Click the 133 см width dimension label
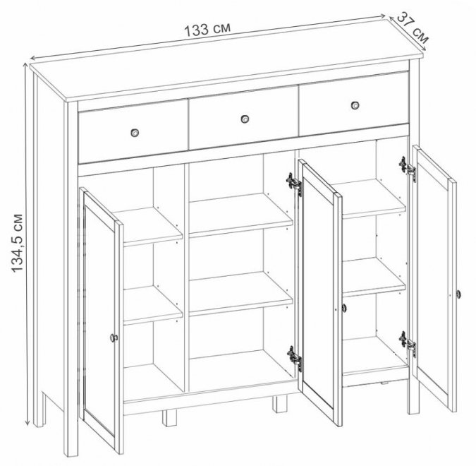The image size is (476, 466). click(x=207, y=30)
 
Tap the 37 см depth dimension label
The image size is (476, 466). click(x=413, y=27)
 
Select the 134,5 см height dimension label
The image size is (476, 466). click(x=18, y=243)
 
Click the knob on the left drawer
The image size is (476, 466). click(x=135, y=133)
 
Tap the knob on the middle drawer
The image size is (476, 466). click(x=245, y=119)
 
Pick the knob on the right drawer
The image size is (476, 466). click(x=355, y=105)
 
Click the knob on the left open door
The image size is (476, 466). click(x=114, y=337)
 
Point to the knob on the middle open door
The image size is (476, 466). click(x=343, y=308)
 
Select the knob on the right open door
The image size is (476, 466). click(x=458, y=294)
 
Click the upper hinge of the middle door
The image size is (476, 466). click(x=294, y=184)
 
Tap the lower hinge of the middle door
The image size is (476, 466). click(x=295, y=359)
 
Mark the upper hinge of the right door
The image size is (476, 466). click(x=408, y=169)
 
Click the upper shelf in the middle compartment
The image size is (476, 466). click(x=240, y=215)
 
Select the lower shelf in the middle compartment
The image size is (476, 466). click(x=240, y=293)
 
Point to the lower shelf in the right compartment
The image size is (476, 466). click(x=374, y=277)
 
